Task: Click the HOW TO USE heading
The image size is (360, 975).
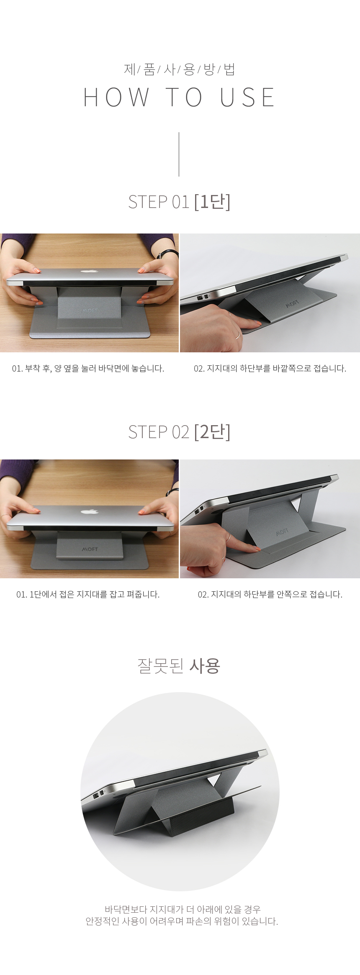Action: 179,97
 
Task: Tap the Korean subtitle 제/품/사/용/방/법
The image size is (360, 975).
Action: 179,69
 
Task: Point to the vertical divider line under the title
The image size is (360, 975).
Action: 179,154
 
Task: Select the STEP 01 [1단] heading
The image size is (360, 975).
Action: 179,202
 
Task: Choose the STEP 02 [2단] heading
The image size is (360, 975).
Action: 179,432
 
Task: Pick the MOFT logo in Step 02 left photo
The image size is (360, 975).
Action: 90,549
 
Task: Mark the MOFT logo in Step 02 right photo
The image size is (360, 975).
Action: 282,532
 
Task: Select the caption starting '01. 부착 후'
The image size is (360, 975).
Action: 88,369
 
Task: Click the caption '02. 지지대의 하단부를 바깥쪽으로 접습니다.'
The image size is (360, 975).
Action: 270,369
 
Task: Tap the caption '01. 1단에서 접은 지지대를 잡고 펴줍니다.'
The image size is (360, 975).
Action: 88,594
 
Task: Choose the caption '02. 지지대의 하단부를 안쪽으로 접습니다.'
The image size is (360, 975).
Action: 270,594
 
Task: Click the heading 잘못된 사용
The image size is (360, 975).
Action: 179,666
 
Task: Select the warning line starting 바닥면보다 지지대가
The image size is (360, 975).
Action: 183,909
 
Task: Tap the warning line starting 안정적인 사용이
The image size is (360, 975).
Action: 182,921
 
